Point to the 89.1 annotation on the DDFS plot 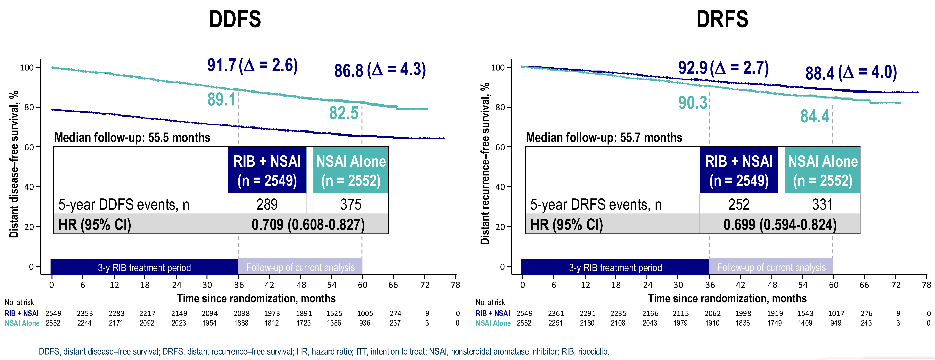221,99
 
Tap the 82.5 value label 343,113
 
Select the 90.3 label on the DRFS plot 693,103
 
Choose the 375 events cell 351,204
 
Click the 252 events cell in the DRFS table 739,204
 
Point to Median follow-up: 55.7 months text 604,137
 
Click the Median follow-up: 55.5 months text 132,137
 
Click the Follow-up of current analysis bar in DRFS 771,267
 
